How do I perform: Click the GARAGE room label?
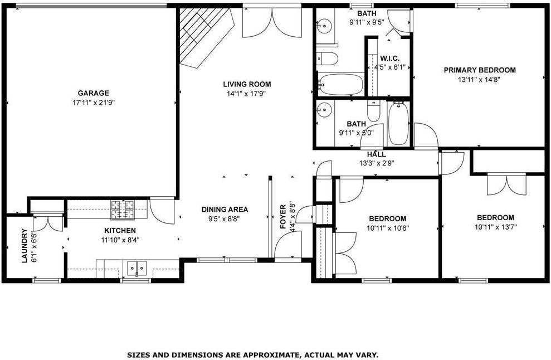93,93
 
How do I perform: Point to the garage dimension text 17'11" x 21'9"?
93,103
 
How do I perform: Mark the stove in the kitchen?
119,210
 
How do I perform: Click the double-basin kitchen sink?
136,269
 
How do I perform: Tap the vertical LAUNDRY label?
24,246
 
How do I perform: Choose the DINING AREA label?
225,210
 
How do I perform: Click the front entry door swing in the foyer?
288,245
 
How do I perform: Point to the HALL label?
376,154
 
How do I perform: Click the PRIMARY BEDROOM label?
479,70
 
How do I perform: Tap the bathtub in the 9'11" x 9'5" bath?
340,84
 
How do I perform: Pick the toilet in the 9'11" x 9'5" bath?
327,58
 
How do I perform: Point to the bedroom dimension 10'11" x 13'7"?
495,227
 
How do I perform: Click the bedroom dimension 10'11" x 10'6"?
387,227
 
